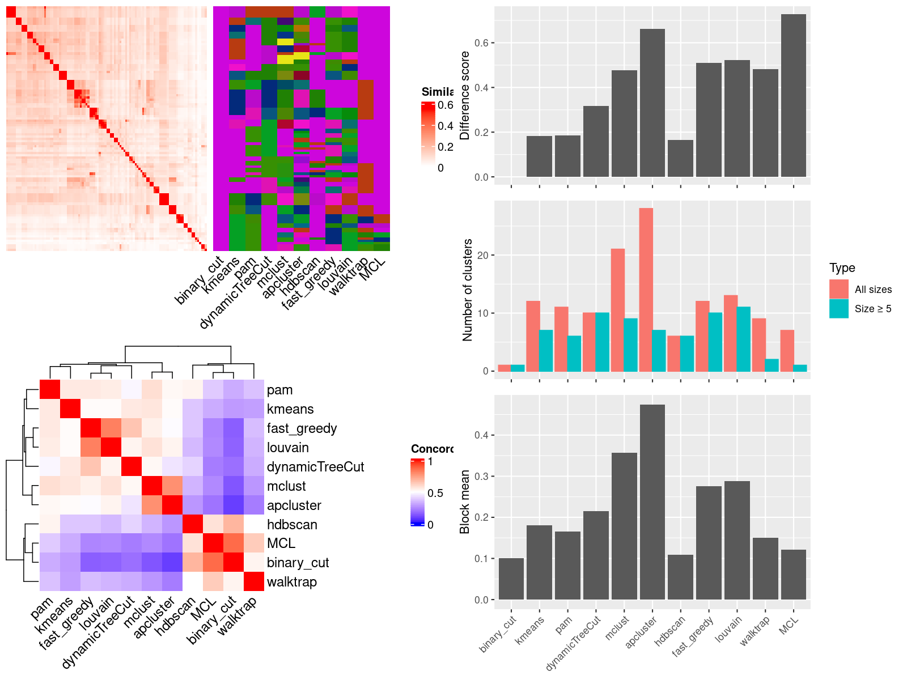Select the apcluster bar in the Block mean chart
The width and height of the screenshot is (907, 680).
point(652,502)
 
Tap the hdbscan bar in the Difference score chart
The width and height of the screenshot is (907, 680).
point(680,159)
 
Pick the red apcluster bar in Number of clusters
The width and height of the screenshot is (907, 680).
point(646,290)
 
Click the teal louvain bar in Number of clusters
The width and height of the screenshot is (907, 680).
point(743,339)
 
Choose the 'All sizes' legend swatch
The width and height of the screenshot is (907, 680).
point(839,289)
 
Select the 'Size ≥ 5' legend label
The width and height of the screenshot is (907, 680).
point(873,309)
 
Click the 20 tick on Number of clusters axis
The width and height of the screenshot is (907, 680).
point(483,255)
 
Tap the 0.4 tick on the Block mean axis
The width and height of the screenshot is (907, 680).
point(481,435)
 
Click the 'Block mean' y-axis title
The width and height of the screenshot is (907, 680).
point(465,502)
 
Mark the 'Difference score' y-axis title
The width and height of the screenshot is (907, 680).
point(465,95)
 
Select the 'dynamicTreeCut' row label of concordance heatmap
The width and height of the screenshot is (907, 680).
point(315,467)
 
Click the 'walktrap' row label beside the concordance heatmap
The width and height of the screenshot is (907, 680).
point(291,582)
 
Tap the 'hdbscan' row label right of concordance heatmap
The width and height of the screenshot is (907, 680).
point(292,525)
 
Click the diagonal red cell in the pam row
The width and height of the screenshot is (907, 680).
point(50,390)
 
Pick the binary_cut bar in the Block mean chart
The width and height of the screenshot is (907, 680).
point(511,579)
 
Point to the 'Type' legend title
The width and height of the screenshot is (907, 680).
point(842,268)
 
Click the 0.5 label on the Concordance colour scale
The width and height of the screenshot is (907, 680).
point(435,493)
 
